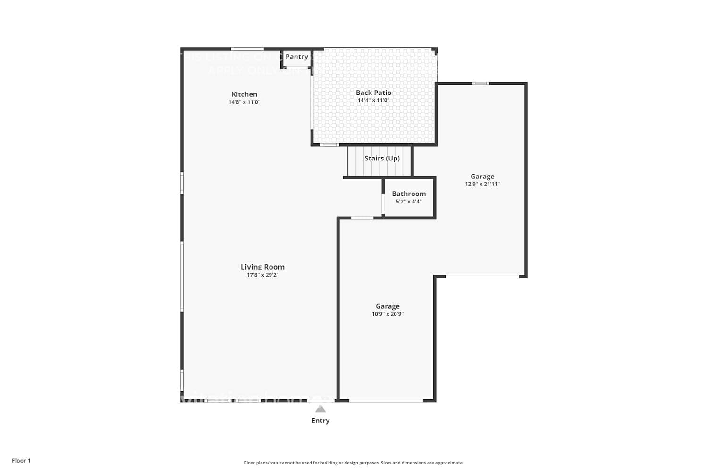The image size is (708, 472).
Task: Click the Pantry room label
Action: tap(297, 57)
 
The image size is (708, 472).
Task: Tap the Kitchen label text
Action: tap(244, 94)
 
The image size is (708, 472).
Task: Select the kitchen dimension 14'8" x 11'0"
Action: tap(244, 102)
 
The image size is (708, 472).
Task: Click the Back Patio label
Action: tap(373, 93)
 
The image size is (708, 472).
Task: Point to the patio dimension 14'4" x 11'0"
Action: tap(373, 101)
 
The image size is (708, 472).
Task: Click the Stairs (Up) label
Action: tap(382, 158)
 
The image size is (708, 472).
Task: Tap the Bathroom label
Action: tap(409, 194)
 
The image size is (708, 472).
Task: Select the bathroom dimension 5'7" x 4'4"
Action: tap(409, 202)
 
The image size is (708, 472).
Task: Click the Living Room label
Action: tap(262, 267)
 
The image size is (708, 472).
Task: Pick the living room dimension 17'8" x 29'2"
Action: tap(262, 275)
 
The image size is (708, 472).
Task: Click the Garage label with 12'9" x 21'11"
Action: tap(482, 177)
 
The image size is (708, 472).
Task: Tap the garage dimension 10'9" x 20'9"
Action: tap(388, 314)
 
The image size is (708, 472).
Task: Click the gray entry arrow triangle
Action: tap(320, 409)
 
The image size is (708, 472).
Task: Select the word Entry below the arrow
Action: tap(320, 421)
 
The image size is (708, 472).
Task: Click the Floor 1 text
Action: tap(21, 461)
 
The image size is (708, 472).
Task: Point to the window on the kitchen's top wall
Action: tap(247, 49)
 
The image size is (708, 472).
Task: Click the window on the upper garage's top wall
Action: tap(480, 84)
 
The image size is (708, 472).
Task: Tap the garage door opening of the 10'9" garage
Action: tap(386, 401)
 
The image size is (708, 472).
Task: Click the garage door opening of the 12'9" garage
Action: tap(482, 277)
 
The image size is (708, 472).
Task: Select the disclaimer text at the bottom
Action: tap(354, 463)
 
